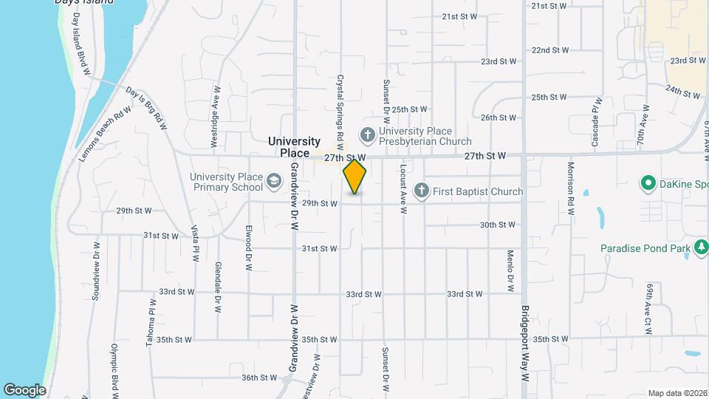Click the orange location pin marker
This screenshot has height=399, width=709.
pyautogui.click(x=354, y=177)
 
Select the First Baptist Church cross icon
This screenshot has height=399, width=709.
pyautogui.click(x=422, y=191)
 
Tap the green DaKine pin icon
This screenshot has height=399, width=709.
pyautogui.click(x=648, y=182)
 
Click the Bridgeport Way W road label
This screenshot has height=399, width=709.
pyautogui.click(x=526, y=343)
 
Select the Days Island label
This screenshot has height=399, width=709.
pyautogui.click(x=84, y=2)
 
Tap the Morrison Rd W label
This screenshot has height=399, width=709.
pyautogui.click(x=571, y=188)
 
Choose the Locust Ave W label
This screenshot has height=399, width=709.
pyautogui.click(x=404, y=191)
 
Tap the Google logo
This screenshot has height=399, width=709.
pyautogui.click(x=24, y=390)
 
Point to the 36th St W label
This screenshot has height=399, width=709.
pyautogui.click(x=258, y=378)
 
